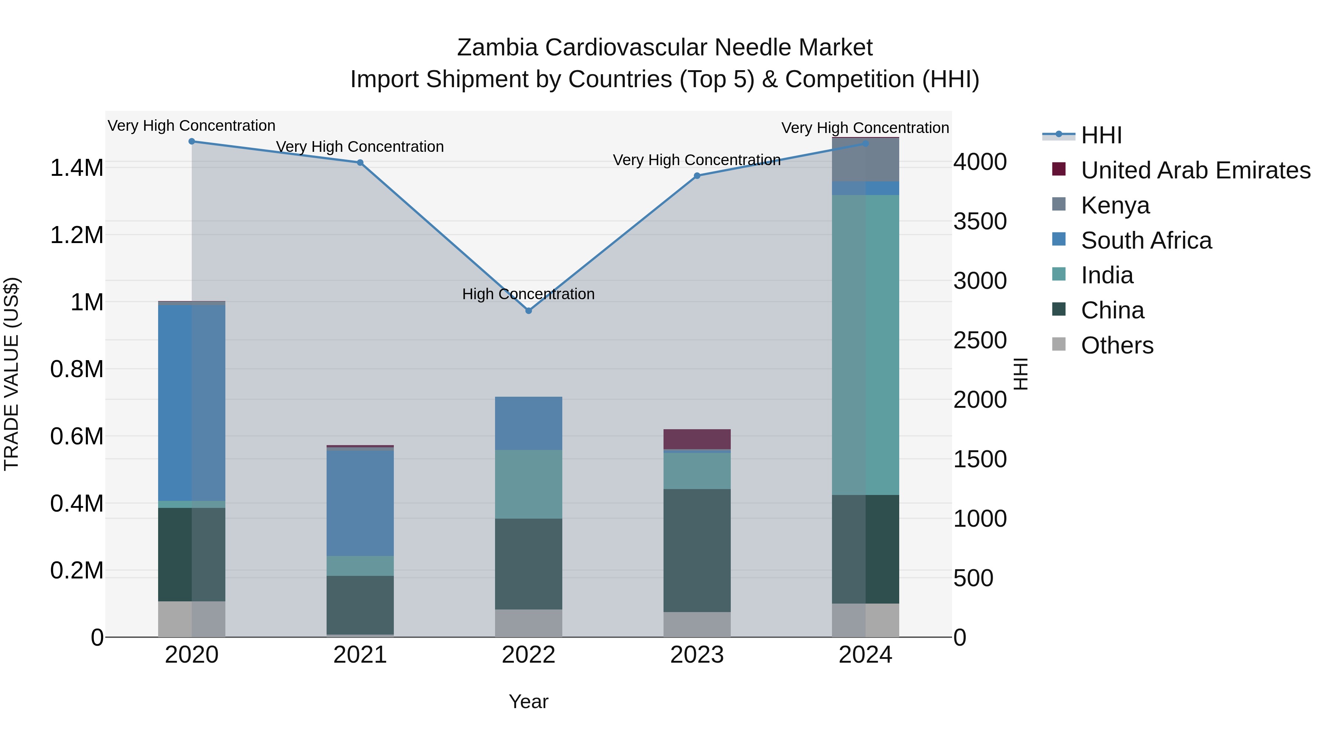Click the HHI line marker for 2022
(x=528, y=311)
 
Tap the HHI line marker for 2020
(x=191, y=141)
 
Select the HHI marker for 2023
(x=697, y=175)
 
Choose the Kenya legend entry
(x=1115, y=205)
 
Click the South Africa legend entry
(x=1146, y=240)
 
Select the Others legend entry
(x=1117, y=345)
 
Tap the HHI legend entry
(x=1101, y=135)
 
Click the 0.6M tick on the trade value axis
(x=76, y=437)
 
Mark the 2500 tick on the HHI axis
(x=979, y=340)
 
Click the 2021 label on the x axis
(x=360, y=655)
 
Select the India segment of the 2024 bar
(x=865, y=345)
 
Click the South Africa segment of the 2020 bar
(x=191, y=403)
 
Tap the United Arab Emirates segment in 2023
(x=697, y=439)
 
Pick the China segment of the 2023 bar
(x=697, y=550)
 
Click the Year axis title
(x=528, y=701)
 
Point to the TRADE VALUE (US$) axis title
(x=11, y=374)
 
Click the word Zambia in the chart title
(x=497, y=48)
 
